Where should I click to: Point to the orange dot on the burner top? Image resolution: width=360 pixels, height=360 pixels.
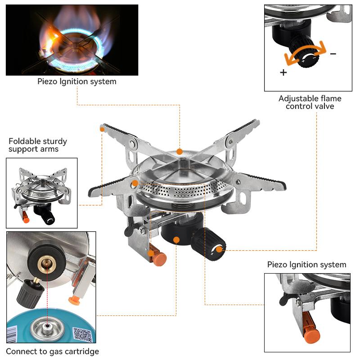pos(180,152)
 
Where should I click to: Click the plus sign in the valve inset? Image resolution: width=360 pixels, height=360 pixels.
pos(283,72)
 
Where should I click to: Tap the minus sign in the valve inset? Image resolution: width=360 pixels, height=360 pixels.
pos(333,54)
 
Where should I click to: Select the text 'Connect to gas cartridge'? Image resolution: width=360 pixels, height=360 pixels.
pos(53,351)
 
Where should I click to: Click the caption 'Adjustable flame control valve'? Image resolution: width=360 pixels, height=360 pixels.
pos(310,102)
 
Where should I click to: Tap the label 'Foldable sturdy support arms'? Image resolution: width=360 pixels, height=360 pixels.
pos(34,145)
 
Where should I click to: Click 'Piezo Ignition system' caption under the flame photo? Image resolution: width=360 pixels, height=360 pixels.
pos(76,81)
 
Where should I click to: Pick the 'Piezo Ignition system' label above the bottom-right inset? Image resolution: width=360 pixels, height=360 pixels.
pos(306,264)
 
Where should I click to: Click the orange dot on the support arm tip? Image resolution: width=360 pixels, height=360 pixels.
pos(103,130)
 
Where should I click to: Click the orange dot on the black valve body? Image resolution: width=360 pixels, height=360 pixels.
pos(177,240)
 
